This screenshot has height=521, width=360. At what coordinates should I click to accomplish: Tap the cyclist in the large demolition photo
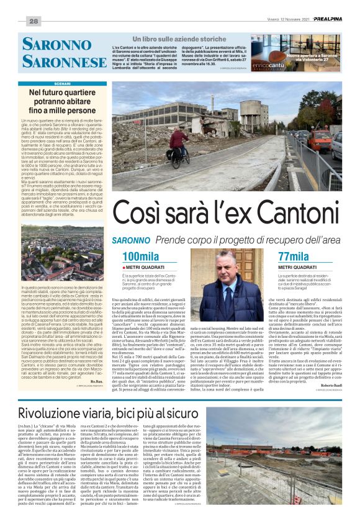click(x=177, y=146)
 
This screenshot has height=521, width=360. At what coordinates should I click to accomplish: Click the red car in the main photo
click(x=319, y=140)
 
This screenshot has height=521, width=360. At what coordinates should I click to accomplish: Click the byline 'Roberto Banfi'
click(x=328, y=368)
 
